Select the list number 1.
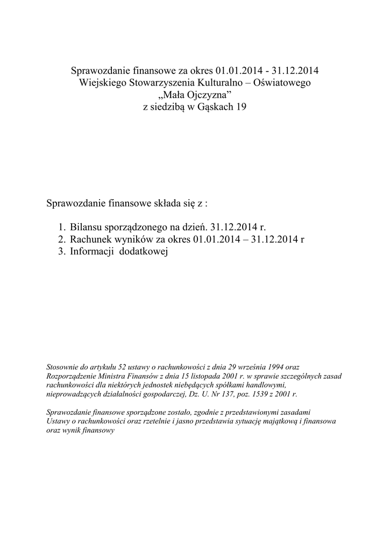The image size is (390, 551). (62, 228)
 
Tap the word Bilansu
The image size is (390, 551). (86, 228)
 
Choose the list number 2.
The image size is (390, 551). (62, 239)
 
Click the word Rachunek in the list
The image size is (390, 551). (90, 239)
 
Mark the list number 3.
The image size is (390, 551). (62, 252)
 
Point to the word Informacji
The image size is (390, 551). (92, 252)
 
